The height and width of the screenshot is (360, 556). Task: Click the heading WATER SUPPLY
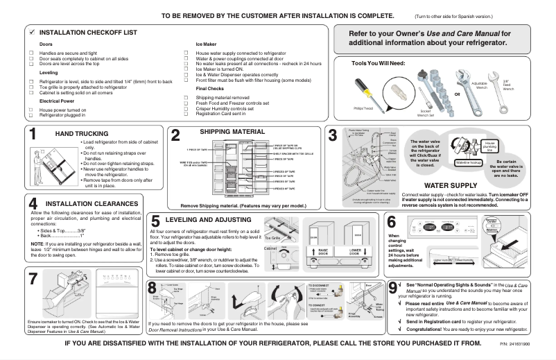click(449, 186)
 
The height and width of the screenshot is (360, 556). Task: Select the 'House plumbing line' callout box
click(489, 146)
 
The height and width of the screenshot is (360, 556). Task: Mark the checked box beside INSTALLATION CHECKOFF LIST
click(32, 33)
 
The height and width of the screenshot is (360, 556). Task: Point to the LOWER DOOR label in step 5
click(355, 250)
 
